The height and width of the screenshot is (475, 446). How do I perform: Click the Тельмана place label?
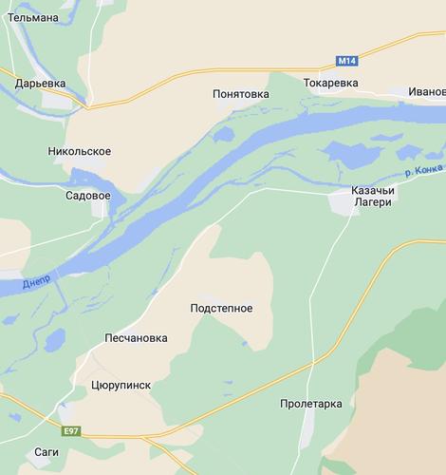[x=32, y=17]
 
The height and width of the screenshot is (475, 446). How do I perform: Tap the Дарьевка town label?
[x=40, y=84]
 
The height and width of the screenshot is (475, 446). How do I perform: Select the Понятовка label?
[x=240, y=94]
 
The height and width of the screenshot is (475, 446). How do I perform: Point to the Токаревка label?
[x=331, y=84]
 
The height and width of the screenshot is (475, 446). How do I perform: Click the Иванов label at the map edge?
[x=426, y=91]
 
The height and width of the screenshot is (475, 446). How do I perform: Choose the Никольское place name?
[x=79, y=151]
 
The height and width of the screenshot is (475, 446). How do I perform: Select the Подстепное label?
[x=221, y=308]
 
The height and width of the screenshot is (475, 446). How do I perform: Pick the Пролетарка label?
[x=311, y=404]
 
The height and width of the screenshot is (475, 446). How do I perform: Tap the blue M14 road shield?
[x=347, y=61]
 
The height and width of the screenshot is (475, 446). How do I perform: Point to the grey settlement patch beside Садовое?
[x=100, y=210]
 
